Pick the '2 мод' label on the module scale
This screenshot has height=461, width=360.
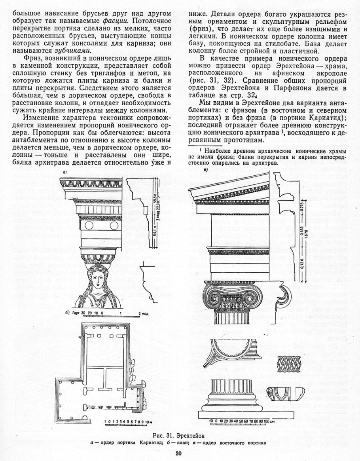click(x=143, y=313)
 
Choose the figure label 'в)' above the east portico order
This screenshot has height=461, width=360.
click(x=204, y=169)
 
